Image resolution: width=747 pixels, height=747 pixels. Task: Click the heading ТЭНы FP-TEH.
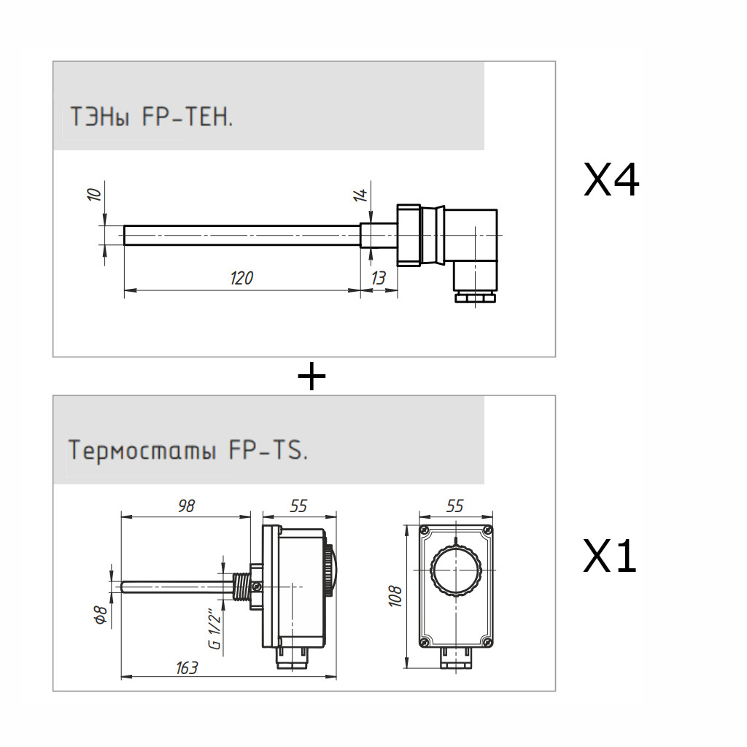coord(151,116)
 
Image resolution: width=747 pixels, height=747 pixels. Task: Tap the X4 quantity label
coord(611,180)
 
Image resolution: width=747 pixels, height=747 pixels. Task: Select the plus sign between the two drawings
coord(311,376)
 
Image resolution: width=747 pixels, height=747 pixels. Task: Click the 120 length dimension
coord(241,278)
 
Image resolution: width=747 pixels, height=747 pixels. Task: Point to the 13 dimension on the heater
coord(378,278)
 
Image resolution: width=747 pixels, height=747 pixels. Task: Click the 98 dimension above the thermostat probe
coord(187,506)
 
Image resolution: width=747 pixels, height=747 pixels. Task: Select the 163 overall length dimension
coord(187,667)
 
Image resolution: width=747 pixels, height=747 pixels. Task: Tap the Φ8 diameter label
coord(102,615)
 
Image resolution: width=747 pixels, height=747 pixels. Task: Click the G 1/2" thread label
coord(214,628)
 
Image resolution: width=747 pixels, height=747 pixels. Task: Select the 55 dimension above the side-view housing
coord(298,506)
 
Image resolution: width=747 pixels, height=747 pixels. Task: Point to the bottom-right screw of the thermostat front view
coord(487,642)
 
